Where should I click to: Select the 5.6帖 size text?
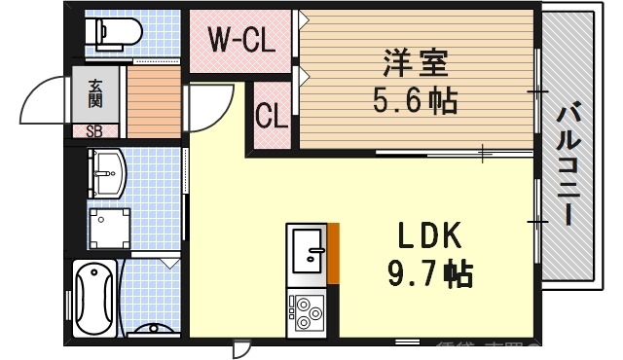tap(416, 100)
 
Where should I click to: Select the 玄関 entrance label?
tap(96, 94)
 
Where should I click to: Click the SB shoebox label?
tap(95, 130)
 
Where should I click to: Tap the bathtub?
tap(95, 298)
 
